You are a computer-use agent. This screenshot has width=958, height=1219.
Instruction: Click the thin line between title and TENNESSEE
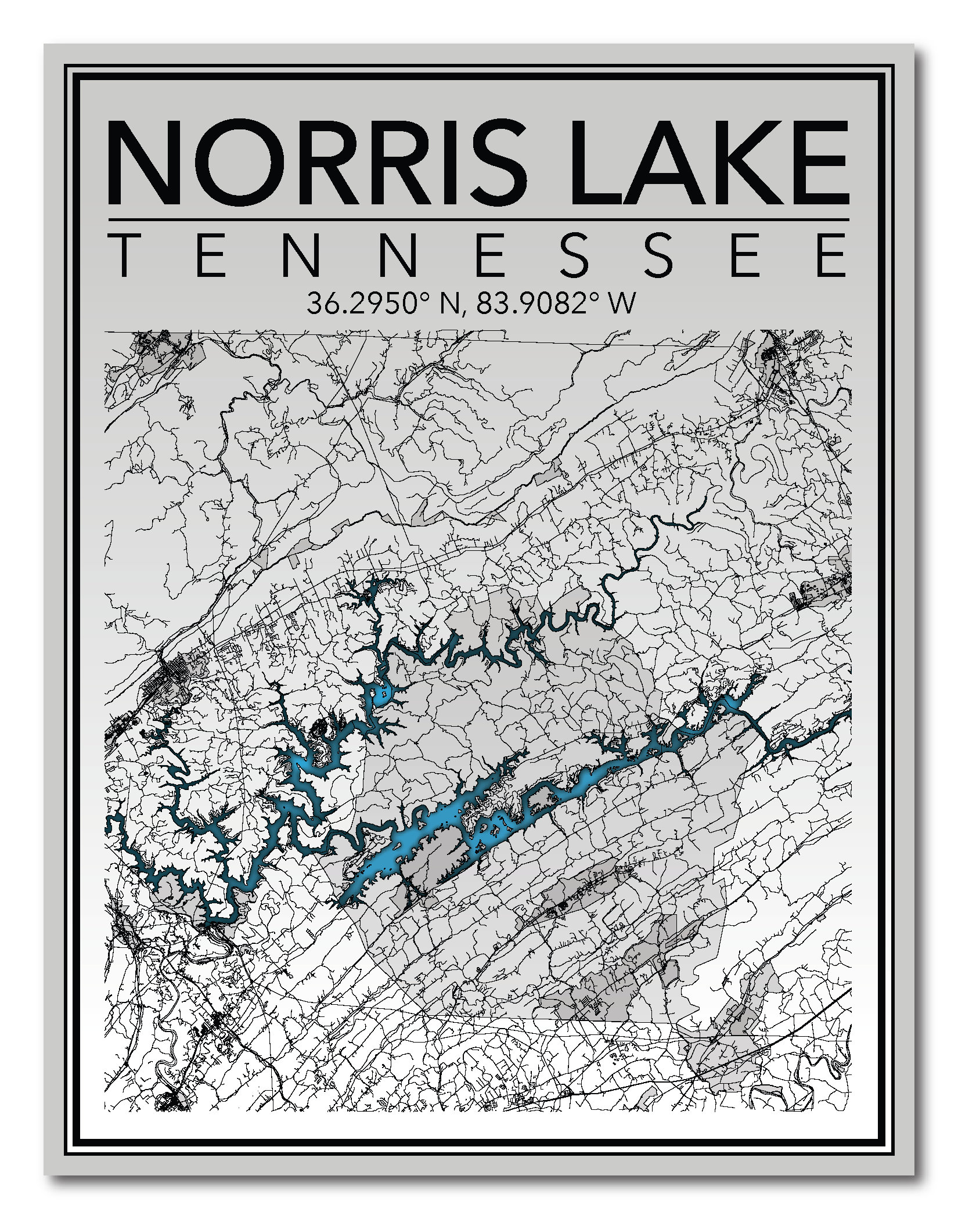478,219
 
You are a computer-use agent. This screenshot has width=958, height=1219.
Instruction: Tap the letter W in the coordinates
622,303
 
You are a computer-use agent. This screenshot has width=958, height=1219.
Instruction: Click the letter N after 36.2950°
451,303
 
